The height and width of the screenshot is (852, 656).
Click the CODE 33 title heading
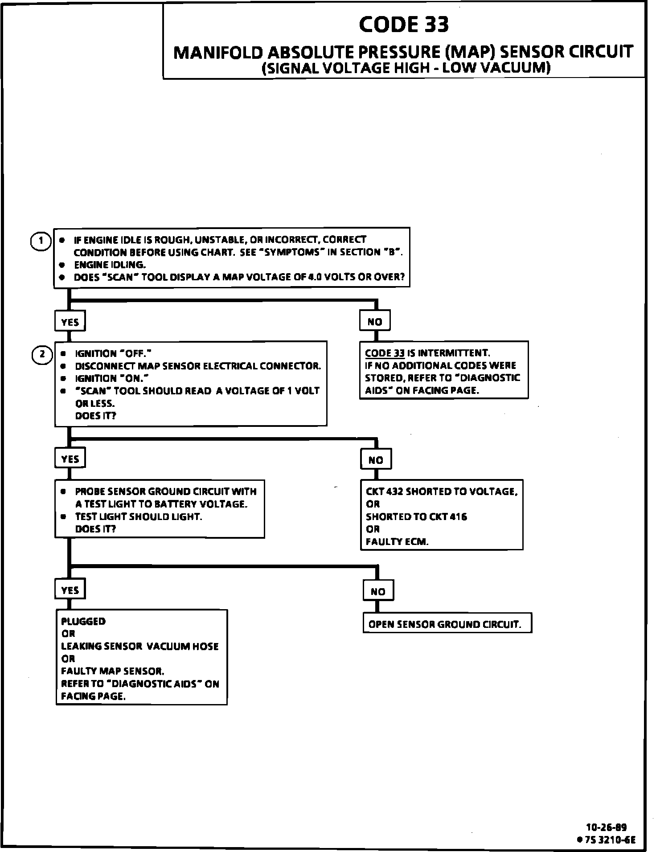[x=404, y=24]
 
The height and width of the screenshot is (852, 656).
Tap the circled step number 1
[x=41, y=241]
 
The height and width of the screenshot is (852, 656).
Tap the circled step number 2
[x=42, y=354]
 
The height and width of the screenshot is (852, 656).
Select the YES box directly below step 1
[x=70, y=322]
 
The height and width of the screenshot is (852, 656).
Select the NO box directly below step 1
[x=375, y=321]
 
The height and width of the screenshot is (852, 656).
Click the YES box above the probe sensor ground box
[x=70, y=459]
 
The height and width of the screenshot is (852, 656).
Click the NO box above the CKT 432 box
[x=376, y=460]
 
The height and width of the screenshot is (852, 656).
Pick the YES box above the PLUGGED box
[x=70, y=590]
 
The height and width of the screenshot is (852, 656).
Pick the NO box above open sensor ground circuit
[x=378, y=591]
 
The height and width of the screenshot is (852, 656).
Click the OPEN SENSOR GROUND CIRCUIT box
[x=447, y=624]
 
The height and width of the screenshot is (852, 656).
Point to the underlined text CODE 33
[x=385, y=353]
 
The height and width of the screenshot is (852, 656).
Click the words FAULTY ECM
[x=397, y=541]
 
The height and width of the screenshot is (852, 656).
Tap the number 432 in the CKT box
[x=394, y=492]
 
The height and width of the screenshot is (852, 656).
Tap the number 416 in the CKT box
[x=458, y=516]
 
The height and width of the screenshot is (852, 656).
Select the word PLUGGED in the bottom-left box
[x=83, y=621]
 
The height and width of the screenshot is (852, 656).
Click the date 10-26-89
[x=606, y=827]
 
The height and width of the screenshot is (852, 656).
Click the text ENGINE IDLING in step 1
[x=110, y=264]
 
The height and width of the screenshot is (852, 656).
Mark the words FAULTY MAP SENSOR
[x=113, y=671]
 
